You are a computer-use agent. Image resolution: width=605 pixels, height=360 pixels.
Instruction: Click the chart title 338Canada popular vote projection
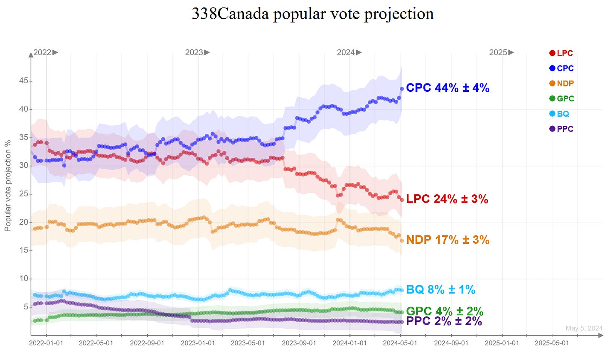tap(312, 14)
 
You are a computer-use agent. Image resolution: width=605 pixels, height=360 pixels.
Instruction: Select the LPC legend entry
tap(561, 53)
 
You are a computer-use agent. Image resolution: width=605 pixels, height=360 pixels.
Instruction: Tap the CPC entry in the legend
tap(561, 68)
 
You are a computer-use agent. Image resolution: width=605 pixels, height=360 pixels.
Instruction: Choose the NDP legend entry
tap(561, 83)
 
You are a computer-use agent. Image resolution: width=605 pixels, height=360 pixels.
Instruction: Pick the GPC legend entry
tap(561, 98)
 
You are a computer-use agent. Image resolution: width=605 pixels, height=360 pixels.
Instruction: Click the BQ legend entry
tap(559, 114)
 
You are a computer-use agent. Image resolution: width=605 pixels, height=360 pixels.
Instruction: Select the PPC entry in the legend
tap(561, 129)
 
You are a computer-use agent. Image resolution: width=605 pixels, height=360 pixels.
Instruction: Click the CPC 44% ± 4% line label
tap(448, 88)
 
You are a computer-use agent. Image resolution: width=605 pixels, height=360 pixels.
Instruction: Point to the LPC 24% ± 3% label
tap(447, 199)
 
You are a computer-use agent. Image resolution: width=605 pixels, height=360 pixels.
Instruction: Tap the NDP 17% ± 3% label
tap(448, 240)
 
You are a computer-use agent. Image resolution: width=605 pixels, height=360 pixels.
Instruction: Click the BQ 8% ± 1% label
tap(440, 289)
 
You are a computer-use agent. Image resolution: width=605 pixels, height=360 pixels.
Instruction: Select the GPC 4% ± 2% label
tap(444, 311)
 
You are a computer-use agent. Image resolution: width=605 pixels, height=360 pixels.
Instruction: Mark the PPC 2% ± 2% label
tap(444, 321)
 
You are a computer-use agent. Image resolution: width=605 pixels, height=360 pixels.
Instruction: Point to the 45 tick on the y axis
tap(23, 81)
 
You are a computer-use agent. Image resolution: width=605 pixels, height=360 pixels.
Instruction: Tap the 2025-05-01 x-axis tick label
tap(552, 343)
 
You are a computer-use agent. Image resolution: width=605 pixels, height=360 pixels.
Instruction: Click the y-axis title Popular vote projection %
tap(7, 186)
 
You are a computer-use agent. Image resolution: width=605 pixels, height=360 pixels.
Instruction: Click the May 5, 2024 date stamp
tap(584, 328)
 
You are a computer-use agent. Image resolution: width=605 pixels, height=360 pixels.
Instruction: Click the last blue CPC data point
tap(402, 88)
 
